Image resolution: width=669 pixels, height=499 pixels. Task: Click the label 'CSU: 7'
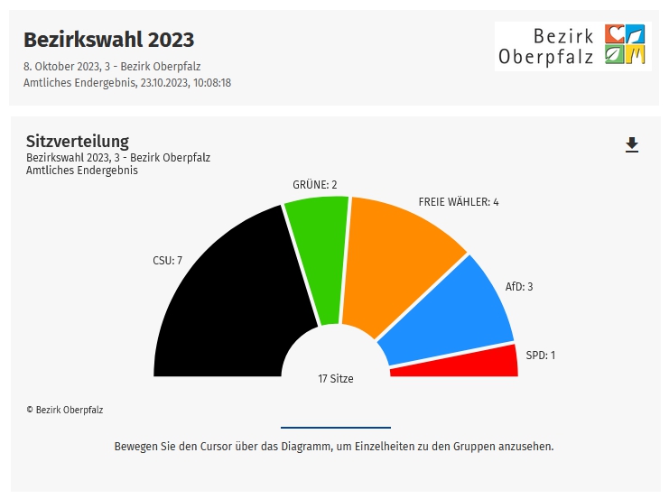(x=167, y=261)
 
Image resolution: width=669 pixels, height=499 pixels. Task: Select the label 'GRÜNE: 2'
(x=314, y=185)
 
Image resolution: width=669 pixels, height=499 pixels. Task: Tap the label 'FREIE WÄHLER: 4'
(x=459, y=202)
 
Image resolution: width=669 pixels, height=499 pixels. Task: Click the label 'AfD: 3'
(x=519, y=287)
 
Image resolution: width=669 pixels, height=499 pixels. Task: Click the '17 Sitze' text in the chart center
(x=336, y=379)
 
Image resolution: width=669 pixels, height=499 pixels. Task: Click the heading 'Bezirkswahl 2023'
(x=108, y=40)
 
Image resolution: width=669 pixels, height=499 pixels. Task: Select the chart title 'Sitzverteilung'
(x=78, y=141)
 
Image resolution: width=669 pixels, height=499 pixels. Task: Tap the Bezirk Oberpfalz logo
(x=571, y=47)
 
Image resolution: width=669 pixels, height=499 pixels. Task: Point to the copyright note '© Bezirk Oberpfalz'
(x=65, y=410)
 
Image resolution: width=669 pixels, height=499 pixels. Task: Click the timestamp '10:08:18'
(x=209, y=82)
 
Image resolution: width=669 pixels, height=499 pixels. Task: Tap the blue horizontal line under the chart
(x=336, y=427)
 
